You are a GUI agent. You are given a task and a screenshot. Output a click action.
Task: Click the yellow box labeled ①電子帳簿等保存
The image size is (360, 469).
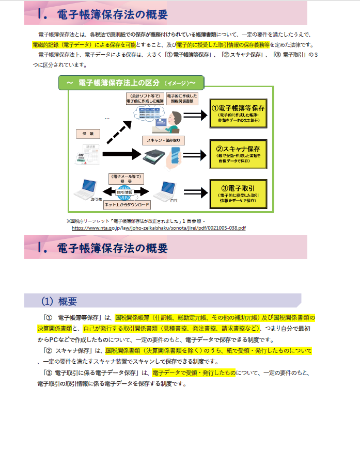[x=238, y=113]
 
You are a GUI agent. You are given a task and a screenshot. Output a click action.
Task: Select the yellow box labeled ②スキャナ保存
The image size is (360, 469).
[x=238, y=153]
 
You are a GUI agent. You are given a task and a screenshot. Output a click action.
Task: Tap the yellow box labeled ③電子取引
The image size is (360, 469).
[x=238, y=192]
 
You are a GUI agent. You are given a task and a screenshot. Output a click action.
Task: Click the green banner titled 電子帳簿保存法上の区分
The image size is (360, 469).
[x=131, y=83]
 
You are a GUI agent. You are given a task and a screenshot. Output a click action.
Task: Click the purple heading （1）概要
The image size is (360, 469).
[x=59, y=300]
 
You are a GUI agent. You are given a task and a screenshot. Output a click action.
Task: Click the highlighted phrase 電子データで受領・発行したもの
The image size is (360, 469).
[x=194, y=373]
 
